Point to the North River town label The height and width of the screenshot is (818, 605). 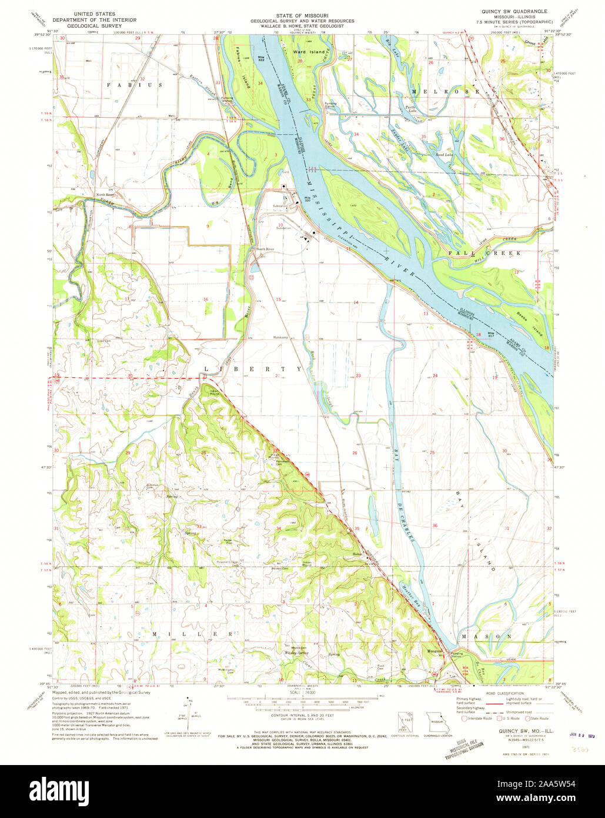(x=105, y=195)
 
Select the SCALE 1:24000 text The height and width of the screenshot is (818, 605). (x=302, y=693)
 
